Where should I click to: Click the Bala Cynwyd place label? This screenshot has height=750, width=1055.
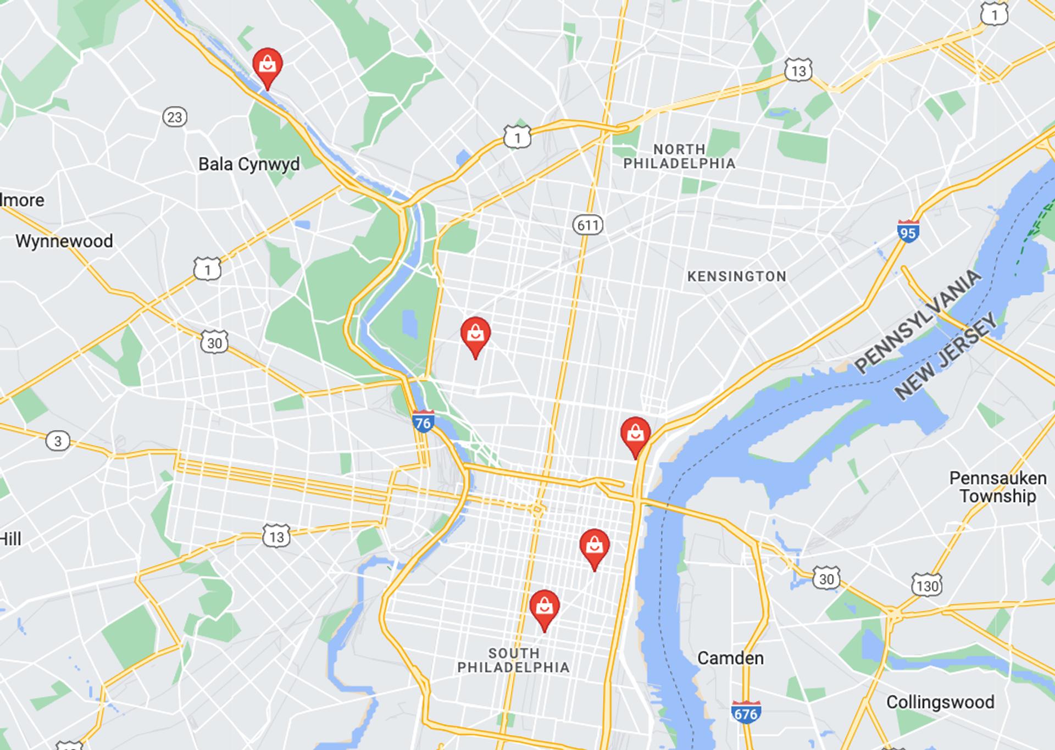[249, 164]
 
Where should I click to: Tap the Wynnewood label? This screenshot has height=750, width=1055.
[64, 241]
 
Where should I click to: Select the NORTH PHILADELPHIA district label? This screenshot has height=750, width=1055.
[679, 157]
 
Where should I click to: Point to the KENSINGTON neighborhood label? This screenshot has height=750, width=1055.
[737, 276]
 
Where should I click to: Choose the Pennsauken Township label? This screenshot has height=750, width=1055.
[998, 487]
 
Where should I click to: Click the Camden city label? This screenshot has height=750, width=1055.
[730, 658]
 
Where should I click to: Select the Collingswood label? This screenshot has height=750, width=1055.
[940, 702]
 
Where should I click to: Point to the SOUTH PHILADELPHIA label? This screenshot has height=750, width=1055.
[513, 660]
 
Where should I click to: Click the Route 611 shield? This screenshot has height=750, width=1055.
[588, 225]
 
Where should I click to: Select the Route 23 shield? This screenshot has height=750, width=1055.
[175, 117]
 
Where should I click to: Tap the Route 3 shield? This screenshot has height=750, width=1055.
[58, 441]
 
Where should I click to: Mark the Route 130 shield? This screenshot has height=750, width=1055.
[927, 585]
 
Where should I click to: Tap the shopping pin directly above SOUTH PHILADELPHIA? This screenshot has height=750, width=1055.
[545, 608]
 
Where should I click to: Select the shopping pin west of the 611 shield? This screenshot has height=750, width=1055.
[475, 335]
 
